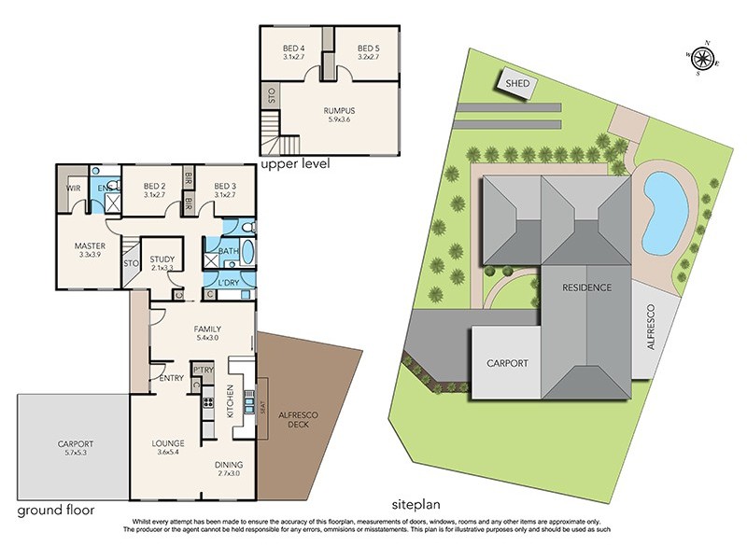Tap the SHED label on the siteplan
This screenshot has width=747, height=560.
(x=518, y=84)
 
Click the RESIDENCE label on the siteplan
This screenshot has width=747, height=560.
(x=586, y=287)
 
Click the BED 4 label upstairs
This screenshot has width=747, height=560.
(x=297, y=49)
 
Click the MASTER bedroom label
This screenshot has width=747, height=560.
(x=90, y=246)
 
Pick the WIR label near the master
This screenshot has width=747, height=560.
(x=74, y=189)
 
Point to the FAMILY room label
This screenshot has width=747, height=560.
(x=206, y=329)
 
